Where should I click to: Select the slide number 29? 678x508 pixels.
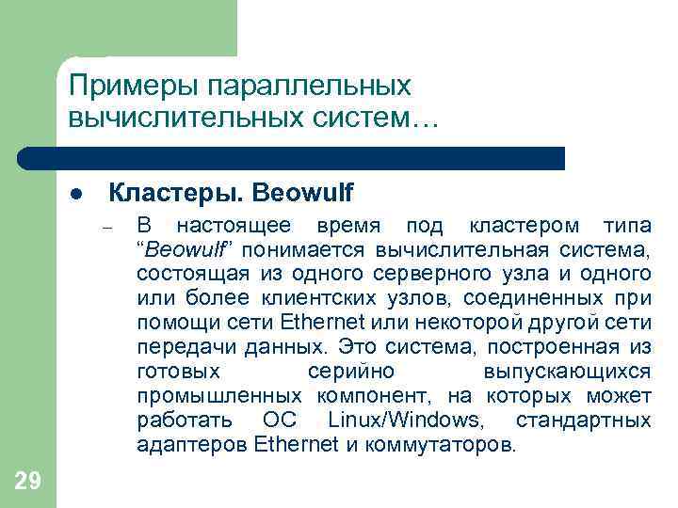tap(27, 482)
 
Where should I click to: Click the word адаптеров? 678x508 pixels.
tap(192, 444)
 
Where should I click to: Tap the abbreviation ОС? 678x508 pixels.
tap(280, 420)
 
